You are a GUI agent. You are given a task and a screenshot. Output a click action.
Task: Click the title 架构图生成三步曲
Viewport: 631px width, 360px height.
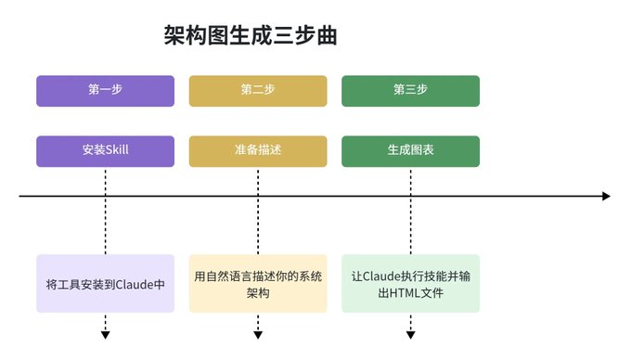pos(251,35)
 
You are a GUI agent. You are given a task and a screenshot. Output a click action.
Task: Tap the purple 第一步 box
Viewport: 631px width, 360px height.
pos(106,91)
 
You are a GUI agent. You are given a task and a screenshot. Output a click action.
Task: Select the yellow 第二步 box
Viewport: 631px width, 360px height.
pos(258,91)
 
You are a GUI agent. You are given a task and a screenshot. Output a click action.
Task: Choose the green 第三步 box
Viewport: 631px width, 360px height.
pos(410,91)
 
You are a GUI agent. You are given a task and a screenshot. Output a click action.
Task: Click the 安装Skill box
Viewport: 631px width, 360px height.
pos(106,151)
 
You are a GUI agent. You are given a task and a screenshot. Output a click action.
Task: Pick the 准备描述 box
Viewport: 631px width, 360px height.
pos(258,151)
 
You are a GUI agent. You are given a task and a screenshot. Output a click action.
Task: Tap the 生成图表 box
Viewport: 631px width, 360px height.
pos(410,151)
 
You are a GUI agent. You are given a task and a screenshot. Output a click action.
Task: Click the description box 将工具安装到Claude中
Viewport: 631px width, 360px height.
pos(106,284)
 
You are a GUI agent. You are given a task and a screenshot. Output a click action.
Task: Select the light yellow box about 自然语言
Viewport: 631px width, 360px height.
pos(258,284)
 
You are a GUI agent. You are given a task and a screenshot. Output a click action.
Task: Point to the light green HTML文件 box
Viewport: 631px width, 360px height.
pos(410,284)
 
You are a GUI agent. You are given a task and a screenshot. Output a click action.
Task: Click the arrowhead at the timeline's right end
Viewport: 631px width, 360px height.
pos(607,197)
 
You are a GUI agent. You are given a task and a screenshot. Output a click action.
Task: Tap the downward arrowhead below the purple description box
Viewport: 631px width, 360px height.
pos(106,335)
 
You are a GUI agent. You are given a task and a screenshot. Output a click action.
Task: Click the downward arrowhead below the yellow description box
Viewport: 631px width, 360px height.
pos(258,335)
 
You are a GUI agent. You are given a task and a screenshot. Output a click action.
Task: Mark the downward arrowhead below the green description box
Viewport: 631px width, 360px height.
pos(410,335)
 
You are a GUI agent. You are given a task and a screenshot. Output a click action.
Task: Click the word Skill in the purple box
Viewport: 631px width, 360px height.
pos(117,149)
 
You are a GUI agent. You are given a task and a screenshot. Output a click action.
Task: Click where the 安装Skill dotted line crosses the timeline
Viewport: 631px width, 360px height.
pos(106,197)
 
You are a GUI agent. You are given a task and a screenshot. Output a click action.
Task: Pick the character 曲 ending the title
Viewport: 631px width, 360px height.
pos(327,35)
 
